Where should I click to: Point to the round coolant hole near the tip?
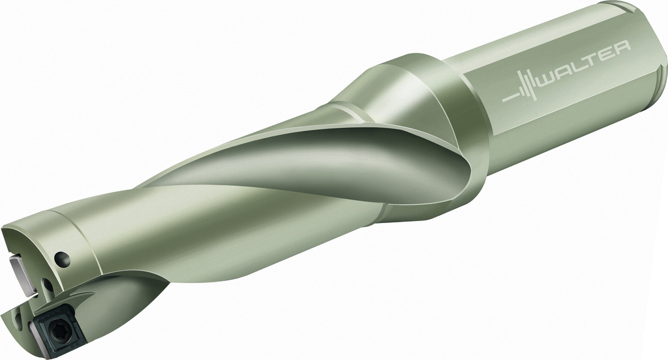[x=62, y=258]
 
